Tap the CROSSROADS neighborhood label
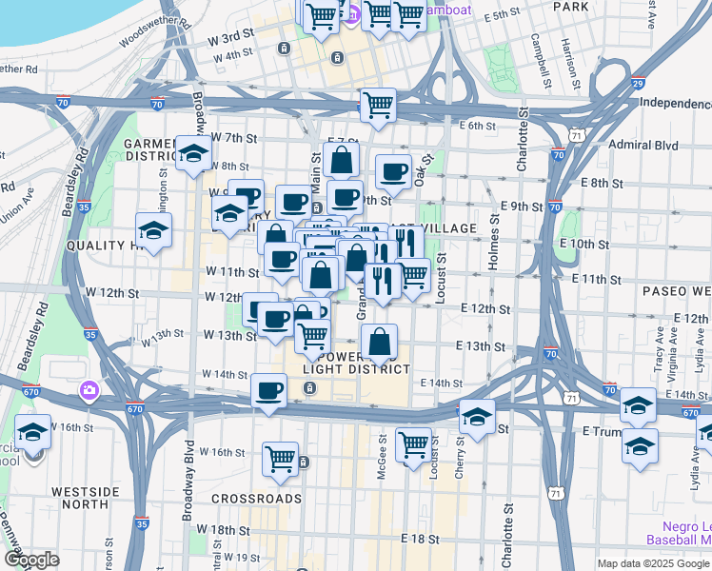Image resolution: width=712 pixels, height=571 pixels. (x=256, y=498)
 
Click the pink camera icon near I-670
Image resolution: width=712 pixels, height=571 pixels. (x=89, y=389)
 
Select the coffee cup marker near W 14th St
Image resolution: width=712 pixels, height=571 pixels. (x=268, y=390)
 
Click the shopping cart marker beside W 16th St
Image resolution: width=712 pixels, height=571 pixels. (x=282, y=458)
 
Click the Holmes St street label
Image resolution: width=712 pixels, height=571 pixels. (x=493, y=242)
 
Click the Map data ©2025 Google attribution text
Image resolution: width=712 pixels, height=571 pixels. (x=653, y=563)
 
